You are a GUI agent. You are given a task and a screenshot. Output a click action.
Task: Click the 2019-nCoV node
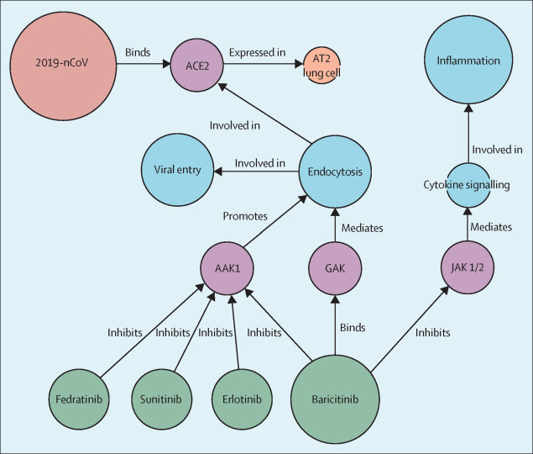coord(63,66)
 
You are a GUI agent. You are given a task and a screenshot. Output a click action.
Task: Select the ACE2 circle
coord(196,65)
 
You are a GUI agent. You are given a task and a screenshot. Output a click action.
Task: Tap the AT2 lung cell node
coord(321,65)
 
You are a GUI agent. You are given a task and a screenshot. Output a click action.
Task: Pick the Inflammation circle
coord(468,60)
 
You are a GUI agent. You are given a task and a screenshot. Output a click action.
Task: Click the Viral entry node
coord(177,170)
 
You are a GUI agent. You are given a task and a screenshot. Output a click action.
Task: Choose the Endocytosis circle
coord(335,172)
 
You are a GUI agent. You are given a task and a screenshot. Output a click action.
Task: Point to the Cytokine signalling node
coord(468,185)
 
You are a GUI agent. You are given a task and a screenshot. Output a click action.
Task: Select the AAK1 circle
coord(227,268)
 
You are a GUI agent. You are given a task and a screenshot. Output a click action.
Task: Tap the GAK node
coord(335,268)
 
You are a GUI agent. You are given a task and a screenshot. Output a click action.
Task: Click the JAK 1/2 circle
coord(468,267)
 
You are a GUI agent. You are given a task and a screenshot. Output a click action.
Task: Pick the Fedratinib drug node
coord(79,399)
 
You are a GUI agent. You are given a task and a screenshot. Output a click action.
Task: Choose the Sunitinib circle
coord(161,399)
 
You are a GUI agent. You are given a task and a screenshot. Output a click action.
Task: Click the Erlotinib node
coord(242,399)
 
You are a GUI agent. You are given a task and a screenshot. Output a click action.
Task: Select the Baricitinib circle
coord(335,399)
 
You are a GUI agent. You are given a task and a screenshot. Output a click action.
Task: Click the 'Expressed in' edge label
coord(258,52)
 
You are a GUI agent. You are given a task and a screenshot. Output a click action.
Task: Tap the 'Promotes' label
coord(245,216)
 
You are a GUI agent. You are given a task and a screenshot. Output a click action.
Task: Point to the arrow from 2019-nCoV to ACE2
coord(144,64)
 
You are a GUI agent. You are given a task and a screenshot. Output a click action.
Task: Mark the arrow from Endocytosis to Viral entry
coord(256,171)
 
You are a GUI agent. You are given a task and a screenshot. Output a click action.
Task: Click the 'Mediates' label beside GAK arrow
coord(363,228)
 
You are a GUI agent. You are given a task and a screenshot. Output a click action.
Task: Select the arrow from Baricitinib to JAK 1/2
coord(410,329)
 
